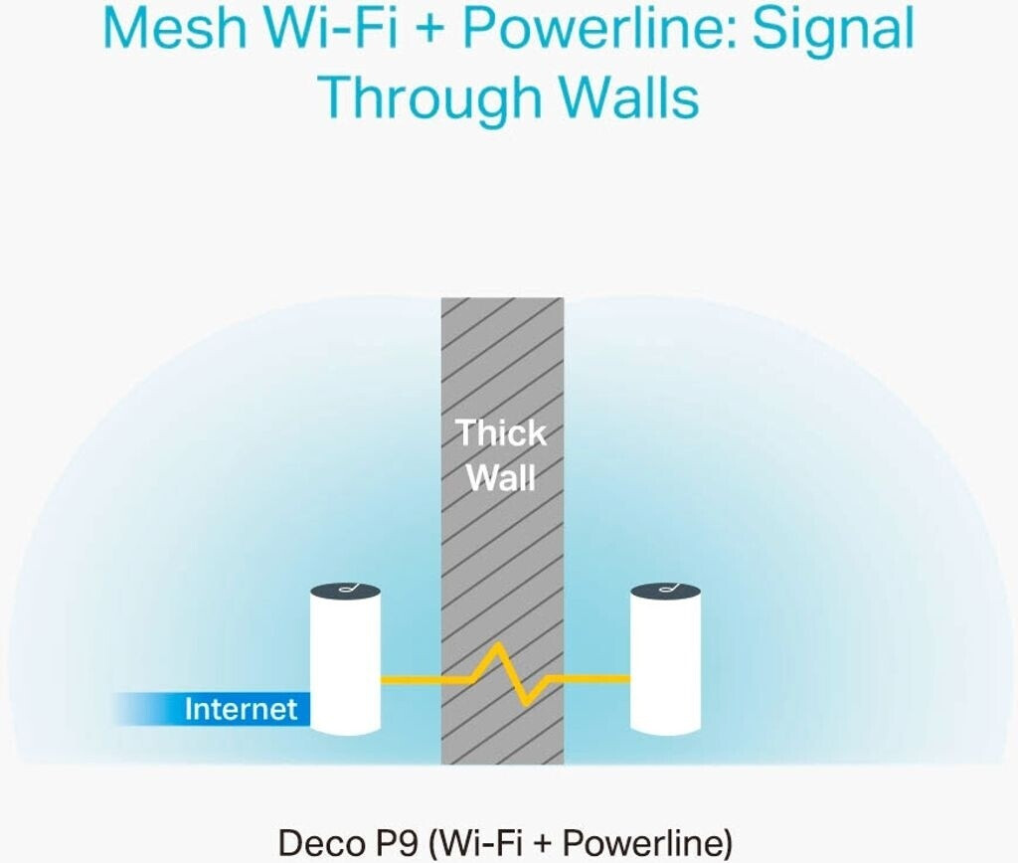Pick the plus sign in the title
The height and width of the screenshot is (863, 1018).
point(429,30)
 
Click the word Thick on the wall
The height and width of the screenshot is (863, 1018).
point(501,432)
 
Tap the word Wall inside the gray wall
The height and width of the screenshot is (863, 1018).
point(501,478)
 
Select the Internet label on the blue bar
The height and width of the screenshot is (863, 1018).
point(241,709)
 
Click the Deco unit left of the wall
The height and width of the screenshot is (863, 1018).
point(345,659)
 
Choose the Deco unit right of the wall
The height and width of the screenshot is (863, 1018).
point(665,659)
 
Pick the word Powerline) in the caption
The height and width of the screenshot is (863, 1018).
point(646,843)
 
